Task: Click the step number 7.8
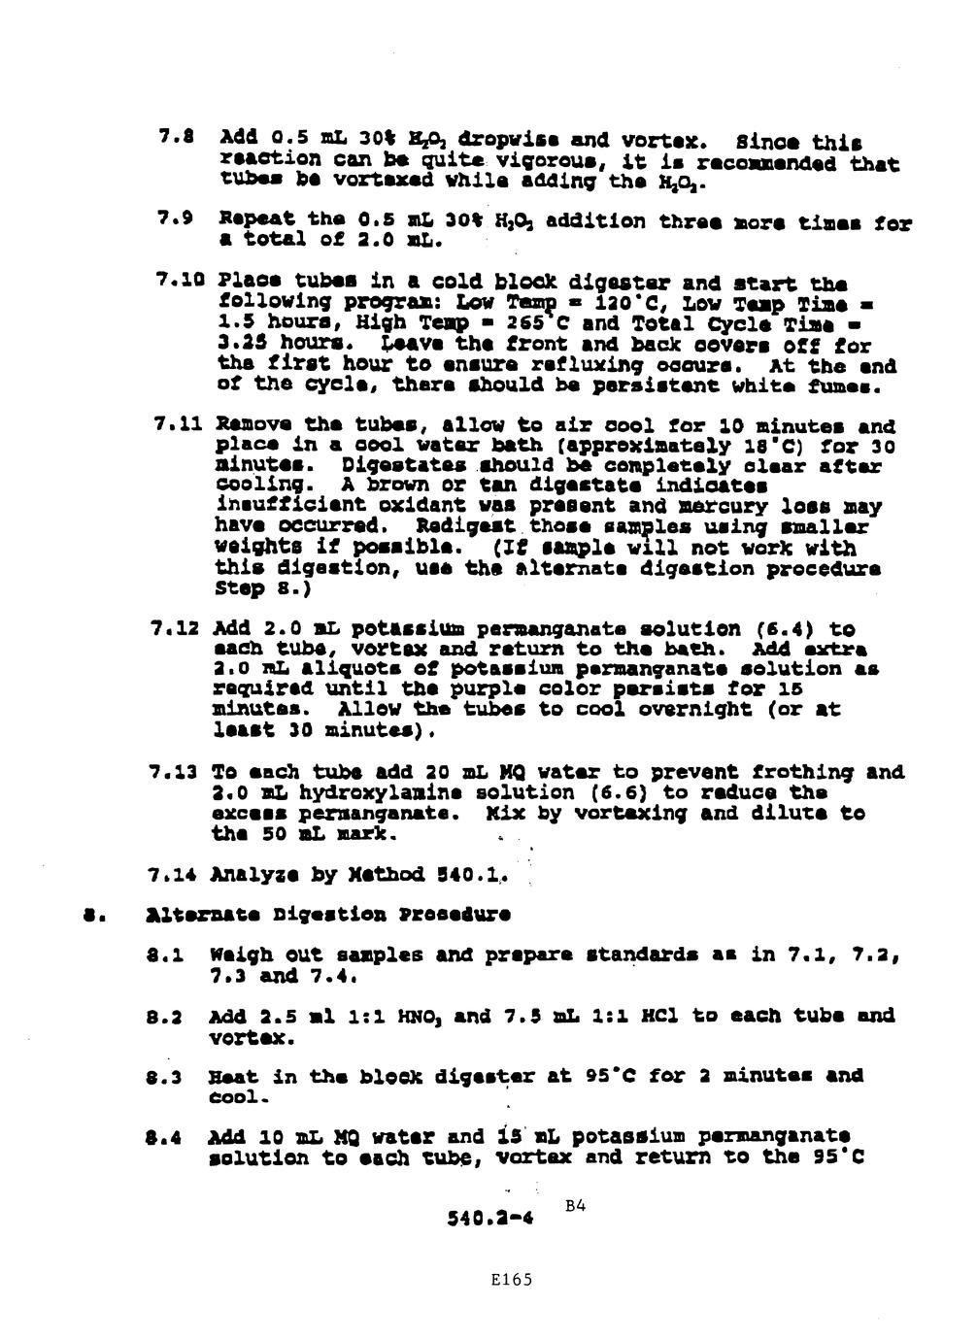(x=172, y=143)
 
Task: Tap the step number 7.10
(x=177, y=284)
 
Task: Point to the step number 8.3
(x=172, y=1076)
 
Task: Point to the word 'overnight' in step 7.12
(x=713, y=710)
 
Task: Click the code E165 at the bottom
(x=511, y=1280)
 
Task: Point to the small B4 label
(x=576, y=1207)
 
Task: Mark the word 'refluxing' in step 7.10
(x=588, y=366)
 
